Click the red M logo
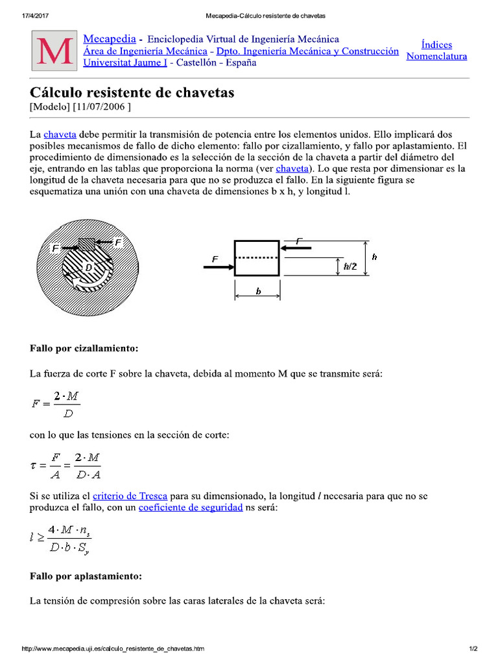coord(54,51)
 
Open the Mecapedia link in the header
coord(110,40)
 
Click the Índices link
coord(436,45)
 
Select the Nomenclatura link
coord(436,56)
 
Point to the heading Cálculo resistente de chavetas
coord(132,93)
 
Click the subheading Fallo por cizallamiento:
coord(84,348)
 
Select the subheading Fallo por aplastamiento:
coord(86,576)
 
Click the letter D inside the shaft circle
coord(89,267)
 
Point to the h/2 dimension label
coord(350,266)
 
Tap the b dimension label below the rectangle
coord(257,292)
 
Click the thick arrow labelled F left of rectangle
coord(217,266)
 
